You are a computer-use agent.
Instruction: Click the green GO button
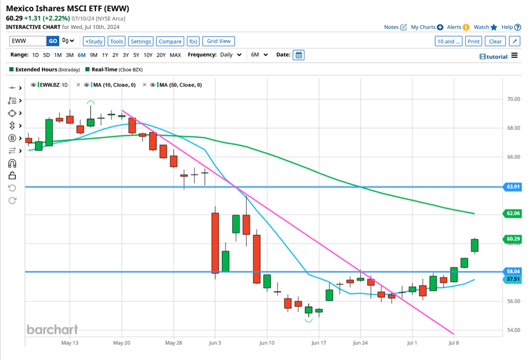tap(53, 41)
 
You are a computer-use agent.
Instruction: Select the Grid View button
tap(218, 41)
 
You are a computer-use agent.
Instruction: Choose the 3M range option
tap(70, 55)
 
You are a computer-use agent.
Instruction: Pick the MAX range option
tap(175, 55)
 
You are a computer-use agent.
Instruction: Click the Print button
tap(473, 41)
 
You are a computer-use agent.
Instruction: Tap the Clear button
tap(495, 41)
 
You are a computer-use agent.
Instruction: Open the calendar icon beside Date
tap(298, 55)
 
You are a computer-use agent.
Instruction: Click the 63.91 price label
tap(514, 187)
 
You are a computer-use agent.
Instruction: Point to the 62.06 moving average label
tap(514, 213)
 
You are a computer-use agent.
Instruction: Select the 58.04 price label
tap(514, 271)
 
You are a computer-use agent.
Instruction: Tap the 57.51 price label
tap(514, 279)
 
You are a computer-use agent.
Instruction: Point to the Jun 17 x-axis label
tap(319, 343)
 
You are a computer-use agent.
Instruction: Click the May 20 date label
tap(121, 343)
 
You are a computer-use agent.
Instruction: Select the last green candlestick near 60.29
tap(475, 246)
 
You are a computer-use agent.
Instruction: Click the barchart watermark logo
tap(52, 329)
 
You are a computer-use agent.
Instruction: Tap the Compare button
tap(170, 41)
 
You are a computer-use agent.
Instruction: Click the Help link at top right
tap(507, 27)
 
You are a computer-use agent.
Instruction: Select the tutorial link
tap(493, 57)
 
